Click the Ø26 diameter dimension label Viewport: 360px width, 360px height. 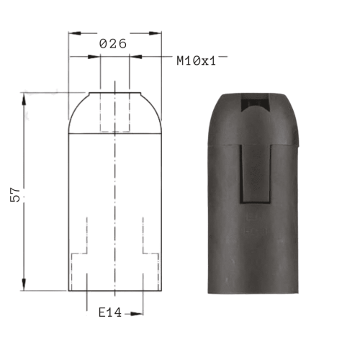click(x=113, y=44)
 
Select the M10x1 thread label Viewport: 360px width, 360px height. click(x=197, y=60)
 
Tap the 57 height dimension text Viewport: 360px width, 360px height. click(x=15, y=194)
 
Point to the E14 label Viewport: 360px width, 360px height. click(x=110, y=312)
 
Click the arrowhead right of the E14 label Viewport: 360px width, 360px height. click(x=137, y=314)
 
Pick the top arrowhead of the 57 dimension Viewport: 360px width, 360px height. click(x=24, y=99)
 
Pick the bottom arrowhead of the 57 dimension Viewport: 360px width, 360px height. click(x=24, y=284)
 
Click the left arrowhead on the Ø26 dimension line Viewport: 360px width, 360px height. click(x=74, y=33)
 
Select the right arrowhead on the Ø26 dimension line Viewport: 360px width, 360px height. click(x=155, y=33)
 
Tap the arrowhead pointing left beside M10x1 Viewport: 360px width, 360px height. click(x=136, y=57)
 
